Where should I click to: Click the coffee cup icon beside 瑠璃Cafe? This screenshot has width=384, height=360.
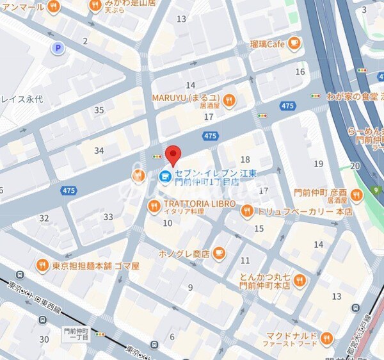click(294, 44)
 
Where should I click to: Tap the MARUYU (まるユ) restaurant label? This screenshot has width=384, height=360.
click(185, 98)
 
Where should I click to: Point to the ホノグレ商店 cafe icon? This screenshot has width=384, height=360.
click(219, 253)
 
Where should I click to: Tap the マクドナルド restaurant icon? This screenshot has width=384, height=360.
click(327, 338)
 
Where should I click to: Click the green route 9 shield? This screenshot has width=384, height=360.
click(376, 190)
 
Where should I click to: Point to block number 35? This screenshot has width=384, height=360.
click(99, 110)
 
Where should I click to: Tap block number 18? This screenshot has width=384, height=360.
click(244, 159)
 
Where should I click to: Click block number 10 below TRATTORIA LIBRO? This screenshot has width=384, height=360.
click(168, 223)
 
